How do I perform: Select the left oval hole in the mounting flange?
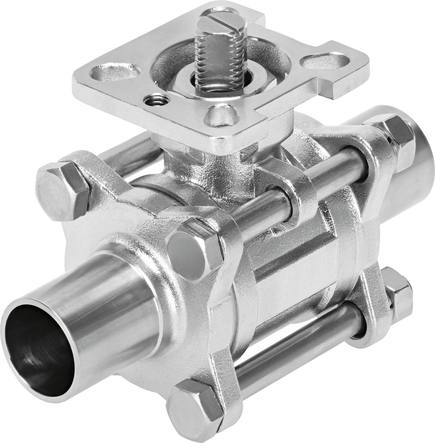click(115, 72)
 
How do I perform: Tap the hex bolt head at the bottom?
click(194, 409)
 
